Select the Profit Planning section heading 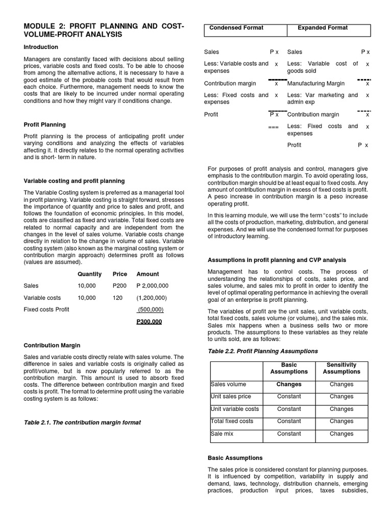tap(44, 124)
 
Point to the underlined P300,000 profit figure tap(149, 322)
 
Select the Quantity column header tap(89, 274)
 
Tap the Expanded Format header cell tap(323, 28)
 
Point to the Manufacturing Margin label tap(316, 83)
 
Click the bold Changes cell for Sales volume tap(289, 384)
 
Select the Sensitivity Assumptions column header tap(341, 369)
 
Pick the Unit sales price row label tap(231, 397)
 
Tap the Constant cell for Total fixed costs tap(289, 422)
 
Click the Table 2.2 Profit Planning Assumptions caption tap(263, 351)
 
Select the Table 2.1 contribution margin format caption tap(82, 423)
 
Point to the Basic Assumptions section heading tap(235, 458)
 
